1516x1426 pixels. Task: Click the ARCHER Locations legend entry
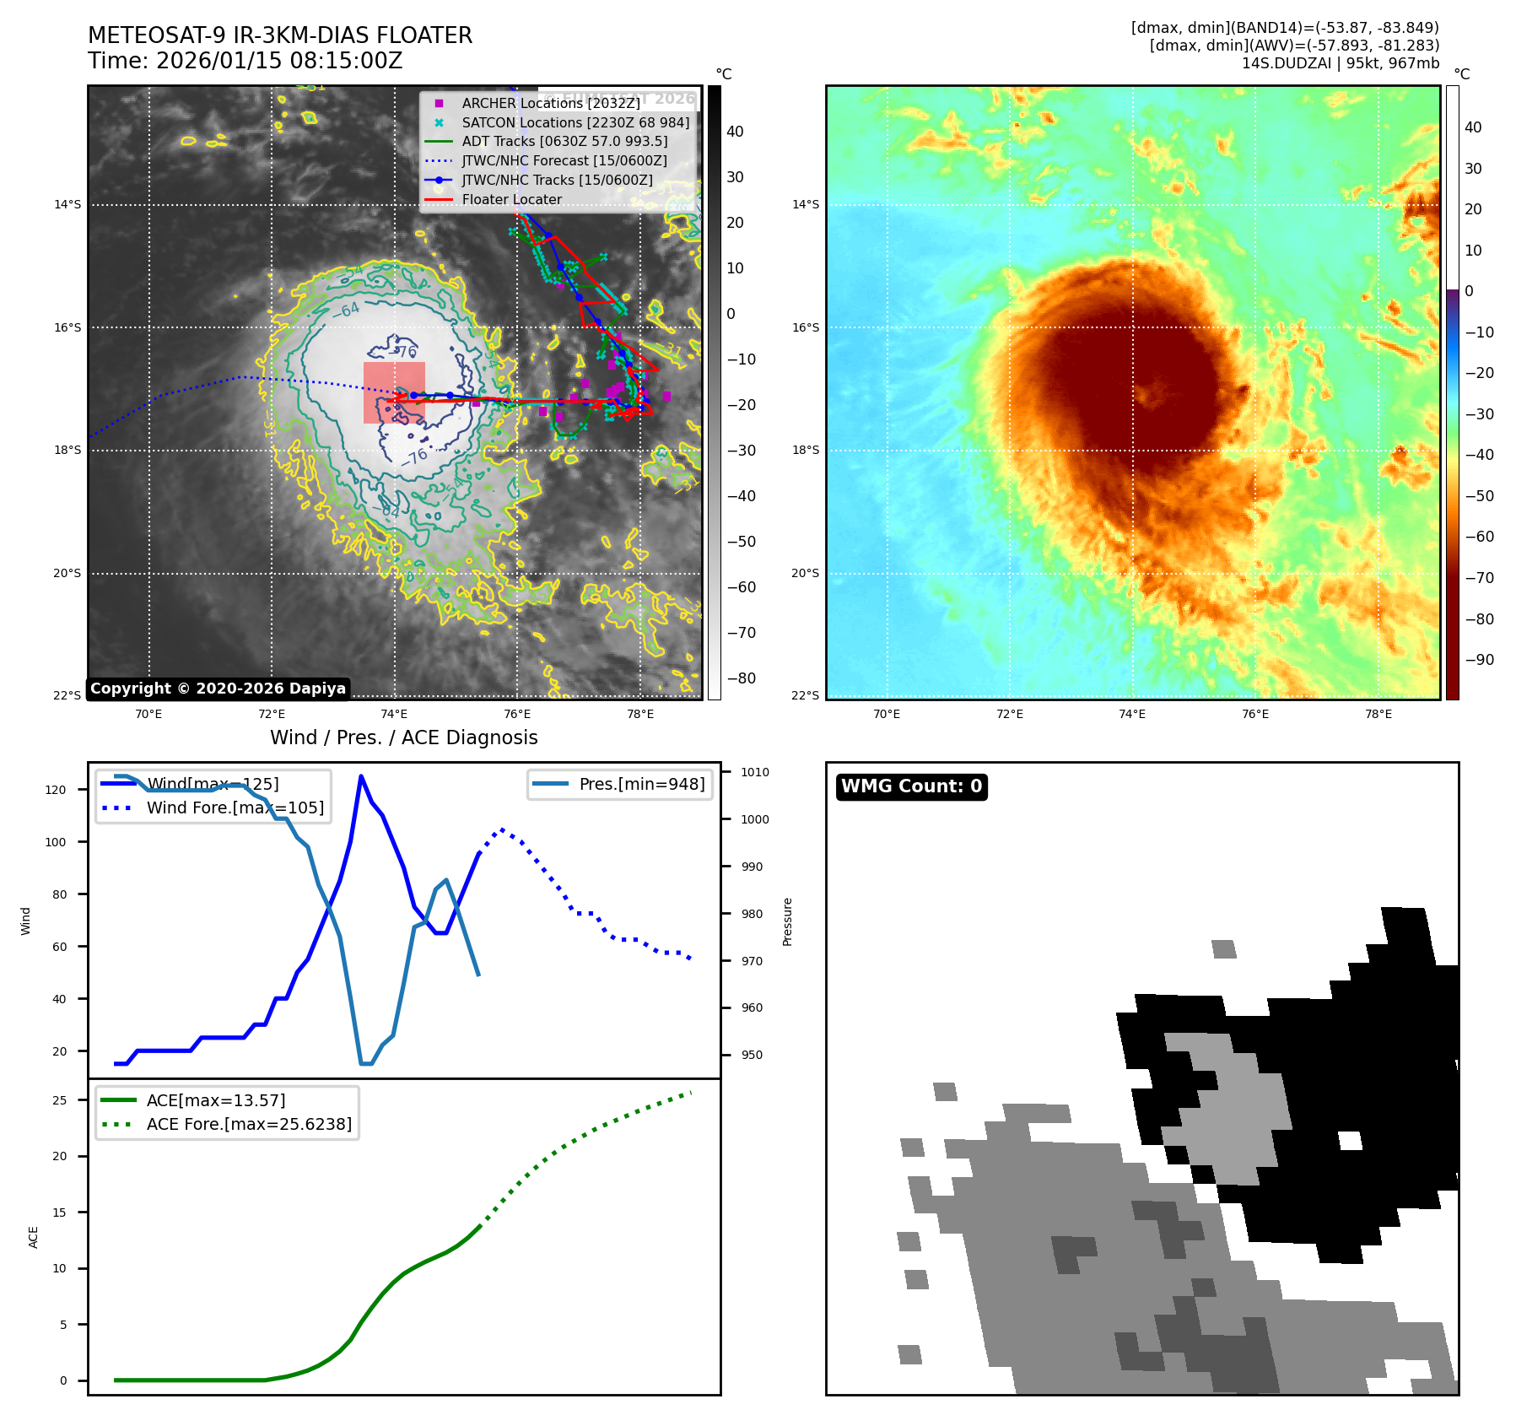coord(550,103)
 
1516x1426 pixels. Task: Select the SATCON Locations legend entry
coord(575,122)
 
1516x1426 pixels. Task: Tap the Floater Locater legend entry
coord(511,199)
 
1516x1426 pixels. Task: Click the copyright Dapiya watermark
coord(218,689)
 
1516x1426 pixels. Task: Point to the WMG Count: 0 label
coord(911,786)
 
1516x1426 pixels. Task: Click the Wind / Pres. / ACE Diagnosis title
coord(403,737)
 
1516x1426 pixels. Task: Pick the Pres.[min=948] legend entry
coord(641,784)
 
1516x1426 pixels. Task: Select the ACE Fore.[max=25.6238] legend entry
coord(248,1124)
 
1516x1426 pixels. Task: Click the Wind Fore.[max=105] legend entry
coord(235,808)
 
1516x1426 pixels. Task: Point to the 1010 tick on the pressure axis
coord(755,772)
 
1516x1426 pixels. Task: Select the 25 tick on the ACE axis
coord(59,1100)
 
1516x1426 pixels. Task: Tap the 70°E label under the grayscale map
coord(148,715)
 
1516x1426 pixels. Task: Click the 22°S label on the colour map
coord(805,695)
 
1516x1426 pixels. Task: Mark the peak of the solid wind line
coord(361,775)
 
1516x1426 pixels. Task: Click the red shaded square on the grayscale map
coord(394,392)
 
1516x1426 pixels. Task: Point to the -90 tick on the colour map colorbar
coord(1479,660)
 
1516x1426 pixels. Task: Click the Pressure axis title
coord(787,921)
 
